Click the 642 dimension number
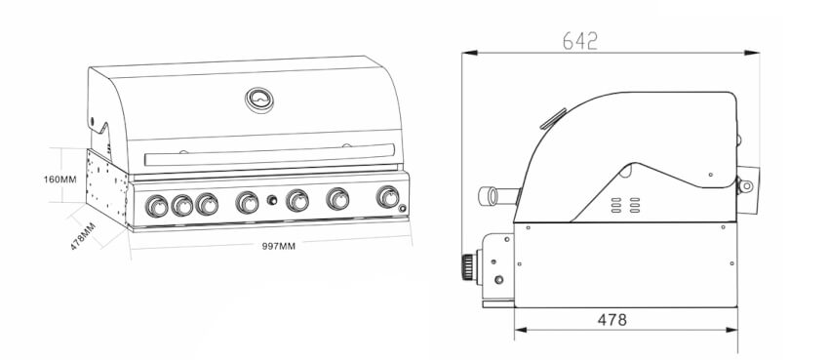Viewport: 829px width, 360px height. pyautogui.click(x=580, y=41)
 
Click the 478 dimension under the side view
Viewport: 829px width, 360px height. pyautogui.click(x=612, y=320)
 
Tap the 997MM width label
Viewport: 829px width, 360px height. pyautogui.click(x=279, y=246)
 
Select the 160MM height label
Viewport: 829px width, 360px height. pyautogui.click(x=59, y=180)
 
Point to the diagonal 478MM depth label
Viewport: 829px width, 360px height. pyautogui.click(x=83, y=236)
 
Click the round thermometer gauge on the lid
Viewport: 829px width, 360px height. pyautogui.click(x=259, y=100)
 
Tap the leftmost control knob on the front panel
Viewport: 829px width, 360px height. pyautogui.click(x=156, y=206)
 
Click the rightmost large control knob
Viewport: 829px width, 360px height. pyautogui.click(x=388, y=197)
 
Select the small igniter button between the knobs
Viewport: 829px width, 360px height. pyautogui.click(x=272, y=200)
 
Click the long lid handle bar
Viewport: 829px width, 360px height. pyautogui.click(x=269, y=154)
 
